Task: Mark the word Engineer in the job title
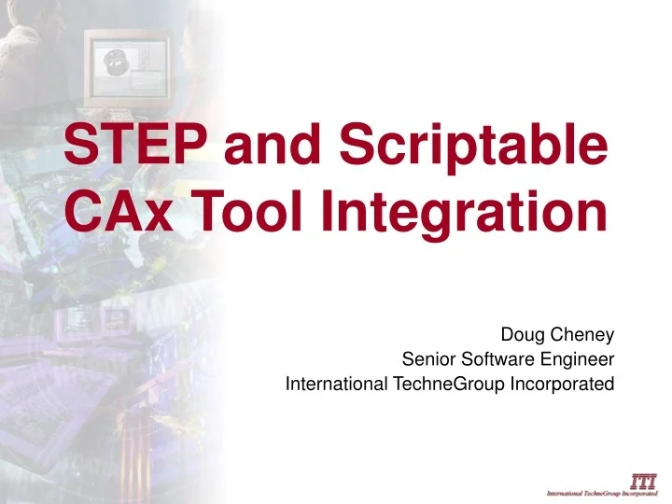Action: pos(581,358)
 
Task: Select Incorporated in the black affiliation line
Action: pos(564,383)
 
